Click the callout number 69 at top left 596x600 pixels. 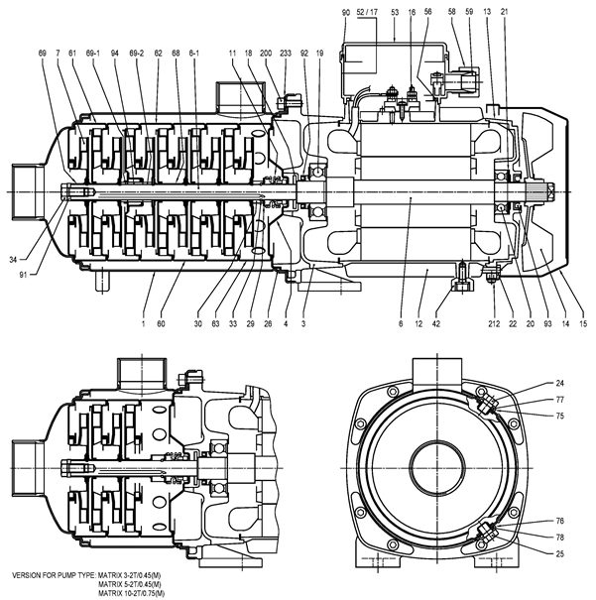(43, 54)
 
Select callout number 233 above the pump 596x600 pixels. (286, 54)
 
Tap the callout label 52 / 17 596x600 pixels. (367, 12)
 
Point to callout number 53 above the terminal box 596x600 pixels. (395, 12)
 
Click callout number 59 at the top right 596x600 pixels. (469, 12)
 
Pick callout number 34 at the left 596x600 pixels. (13, 260)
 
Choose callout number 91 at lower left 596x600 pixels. (24, 275)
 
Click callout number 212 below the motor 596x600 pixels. (494, 323)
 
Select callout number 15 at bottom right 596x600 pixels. (582, 323)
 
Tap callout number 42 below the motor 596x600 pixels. (436, 323)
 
